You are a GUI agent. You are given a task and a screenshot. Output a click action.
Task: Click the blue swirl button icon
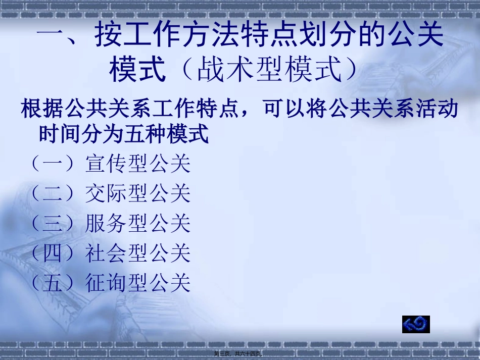point(416,324)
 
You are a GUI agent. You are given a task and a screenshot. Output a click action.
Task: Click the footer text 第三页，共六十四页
point(240,353)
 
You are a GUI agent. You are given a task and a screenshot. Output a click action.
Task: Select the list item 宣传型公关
point(138,164)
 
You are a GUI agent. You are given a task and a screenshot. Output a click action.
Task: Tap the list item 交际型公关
point(138,193)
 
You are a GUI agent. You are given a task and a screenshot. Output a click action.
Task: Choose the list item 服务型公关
point(138,223)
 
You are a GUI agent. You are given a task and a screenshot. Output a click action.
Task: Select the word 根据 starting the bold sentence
point(43,109)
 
